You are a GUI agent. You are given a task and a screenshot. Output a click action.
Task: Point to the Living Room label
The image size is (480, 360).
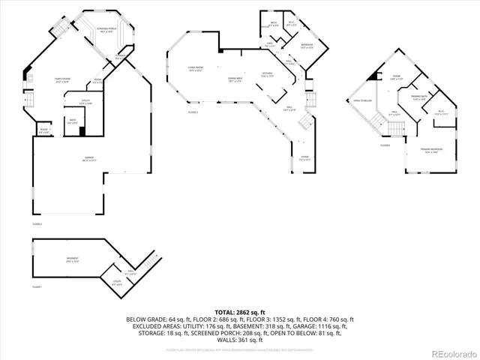tap(196, 69)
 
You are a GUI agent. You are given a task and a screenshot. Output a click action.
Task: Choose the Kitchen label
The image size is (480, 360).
tap(267, 74)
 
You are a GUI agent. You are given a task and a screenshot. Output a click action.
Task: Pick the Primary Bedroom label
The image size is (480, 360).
tap(432, 151)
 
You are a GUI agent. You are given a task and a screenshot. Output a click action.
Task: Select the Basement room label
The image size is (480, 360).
tap(72, 259)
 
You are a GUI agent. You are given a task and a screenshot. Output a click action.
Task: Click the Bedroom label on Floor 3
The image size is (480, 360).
tap(307, 46)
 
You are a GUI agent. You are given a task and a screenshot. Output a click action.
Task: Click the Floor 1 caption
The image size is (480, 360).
tap(37, 287)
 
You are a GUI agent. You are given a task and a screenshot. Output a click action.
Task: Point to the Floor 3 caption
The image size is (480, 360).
tap(193, 112)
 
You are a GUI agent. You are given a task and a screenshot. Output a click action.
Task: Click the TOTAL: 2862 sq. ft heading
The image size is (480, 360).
tap(240, 311)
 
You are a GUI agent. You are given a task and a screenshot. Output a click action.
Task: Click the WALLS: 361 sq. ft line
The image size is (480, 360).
tap(240, 340)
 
